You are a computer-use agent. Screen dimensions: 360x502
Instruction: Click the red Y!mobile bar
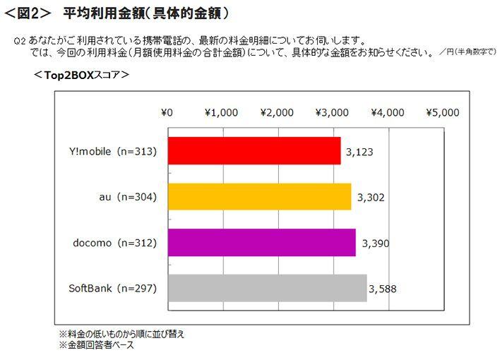click(x=254, y=151)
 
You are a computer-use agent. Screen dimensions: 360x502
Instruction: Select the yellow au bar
click(x=259, y=196)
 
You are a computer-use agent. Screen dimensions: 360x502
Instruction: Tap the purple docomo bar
click(x=261, y=243)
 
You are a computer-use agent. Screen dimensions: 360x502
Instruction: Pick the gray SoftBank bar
click(x=267, y=288)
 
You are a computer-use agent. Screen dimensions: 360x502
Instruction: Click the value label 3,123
click(x=359, y=151)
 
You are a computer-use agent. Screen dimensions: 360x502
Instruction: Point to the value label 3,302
click(x=370, y=196)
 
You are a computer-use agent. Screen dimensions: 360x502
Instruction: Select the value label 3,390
click(x=375, y=243)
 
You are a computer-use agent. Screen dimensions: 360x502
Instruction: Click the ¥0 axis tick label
click(x=167, y=112)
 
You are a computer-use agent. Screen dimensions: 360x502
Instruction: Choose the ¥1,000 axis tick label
click(x=222, y=112)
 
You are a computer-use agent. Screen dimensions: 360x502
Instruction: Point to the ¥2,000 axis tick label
click(x=277, y=112)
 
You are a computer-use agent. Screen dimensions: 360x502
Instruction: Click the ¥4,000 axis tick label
click(x=387, y=112)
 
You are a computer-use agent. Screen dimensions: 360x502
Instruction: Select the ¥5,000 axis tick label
click(x=443, y=112)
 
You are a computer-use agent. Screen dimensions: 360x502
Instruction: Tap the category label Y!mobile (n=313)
click(x=114, y=151)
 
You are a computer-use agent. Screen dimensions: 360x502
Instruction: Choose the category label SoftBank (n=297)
click(x=112, y=288)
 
